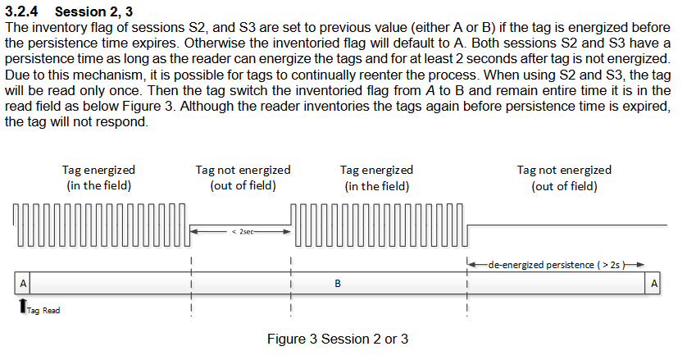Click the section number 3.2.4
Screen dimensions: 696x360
tap(21, 11)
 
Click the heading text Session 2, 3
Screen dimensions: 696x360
tap(93, 11)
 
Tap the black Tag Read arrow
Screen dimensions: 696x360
tap(23, 305)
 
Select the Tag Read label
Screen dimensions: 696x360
tap(43, 310)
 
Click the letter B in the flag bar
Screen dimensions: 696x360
tap(338, 283)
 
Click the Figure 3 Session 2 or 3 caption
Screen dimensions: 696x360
tap(338, 339)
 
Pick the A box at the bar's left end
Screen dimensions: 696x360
tap(23, 283)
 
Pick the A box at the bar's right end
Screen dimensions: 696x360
tap(653, 283)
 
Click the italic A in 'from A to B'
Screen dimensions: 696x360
tap(430, 90)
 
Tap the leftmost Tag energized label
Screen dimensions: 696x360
tap(98, 170)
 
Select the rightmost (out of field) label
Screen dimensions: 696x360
tap(564, 185)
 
